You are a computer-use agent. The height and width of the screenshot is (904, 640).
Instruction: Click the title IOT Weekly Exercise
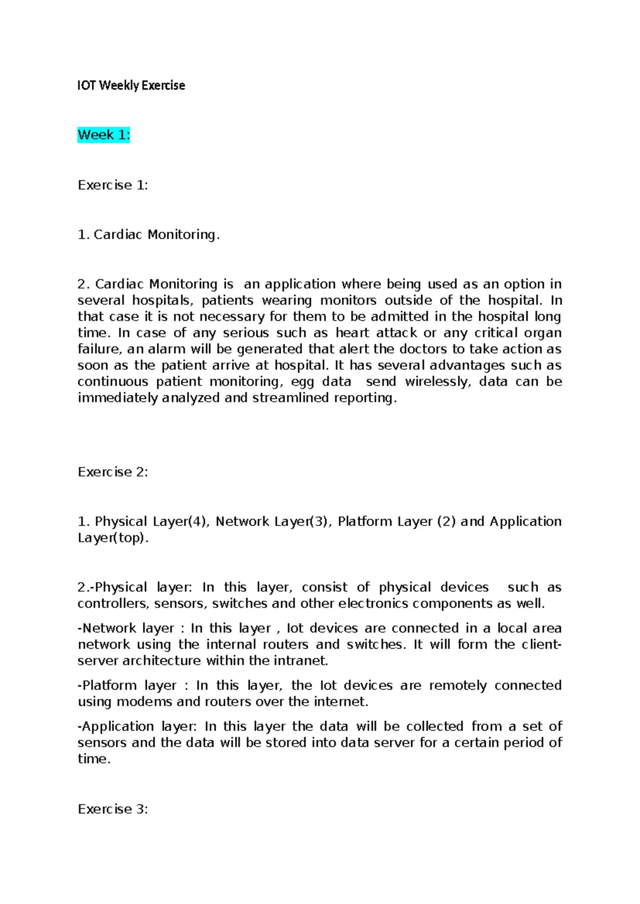pyautogui.click(x=131, y=85)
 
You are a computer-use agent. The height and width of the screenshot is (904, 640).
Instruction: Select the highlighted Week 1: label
pyautogui.click(x=103, y=135)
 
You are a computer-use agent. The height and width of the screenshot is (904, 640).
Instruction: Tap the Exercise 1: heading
pyautogui.click(x=113, y=185)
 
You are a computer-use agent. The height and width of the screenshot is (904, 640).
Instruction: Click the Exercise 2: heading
pyautogui.click(x=113, y=472)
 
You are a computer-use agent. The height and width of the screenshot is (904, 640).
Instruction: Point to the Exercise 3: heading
pyautogui.click(x=113, y=809)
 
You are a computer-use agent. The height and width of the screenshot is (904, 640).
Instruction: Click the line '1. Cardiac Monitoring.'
pyautogui.click(x=148, y=235)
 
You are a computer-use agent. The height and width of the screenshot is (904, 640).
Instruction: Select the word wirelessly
pyautogui.click(x=438, y=382)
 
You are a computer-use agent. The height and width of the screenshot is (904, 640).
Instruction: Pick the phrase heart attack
pyautogui.click(x=376, y=333)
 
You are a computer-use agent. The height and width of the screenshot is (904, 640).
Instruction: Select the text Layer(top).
pyautogui.click(x=113, y=538)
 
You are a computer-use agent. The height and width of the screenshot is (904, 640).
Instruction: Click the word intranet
pyautogui.click(x=301, y=660)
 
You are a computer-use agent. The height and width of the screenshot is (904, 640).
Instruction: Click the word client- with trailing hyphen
pyautogui.click(x=541, y=644)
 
